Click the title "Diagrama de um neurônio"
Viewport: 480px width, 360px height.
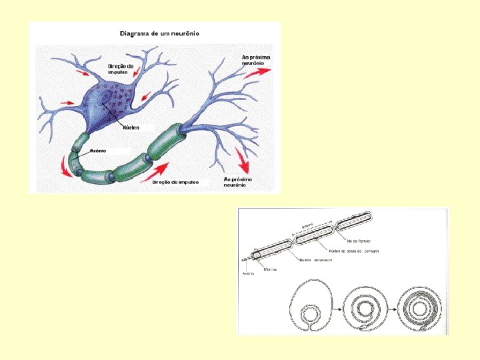pyautogui.click(x=159, y=33)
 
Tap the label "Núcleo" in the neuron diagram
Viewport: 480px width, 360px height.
pyautogui.click(x=131, y=127)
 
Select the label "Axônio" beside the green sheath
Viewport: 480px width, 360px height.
pyautogui.click(x=98, y=151)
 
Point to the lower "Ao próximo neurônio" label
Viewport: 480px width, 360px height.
pyautogui.click(x=237, y=182)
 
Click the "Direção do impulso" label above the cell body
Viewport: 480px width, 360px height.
pyautogui.click(x=121, y=69)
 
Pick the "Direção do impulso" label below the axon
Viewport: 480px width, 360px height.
pyautogui.click(x=175, y=182)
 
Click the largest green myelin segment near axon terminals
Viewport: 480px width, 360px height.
pyautogui.click(x=167, y=141)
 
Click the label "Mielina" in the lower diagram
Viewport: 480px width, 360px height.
pyautogui.click(x=270, y=269)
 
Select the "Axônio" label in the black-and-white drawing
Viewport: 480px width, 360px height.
pyautogui.click(x=248, y=273)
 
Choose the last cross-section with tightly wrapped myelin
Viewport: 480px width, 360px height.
pyautogui.click(x=419, y=307)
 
